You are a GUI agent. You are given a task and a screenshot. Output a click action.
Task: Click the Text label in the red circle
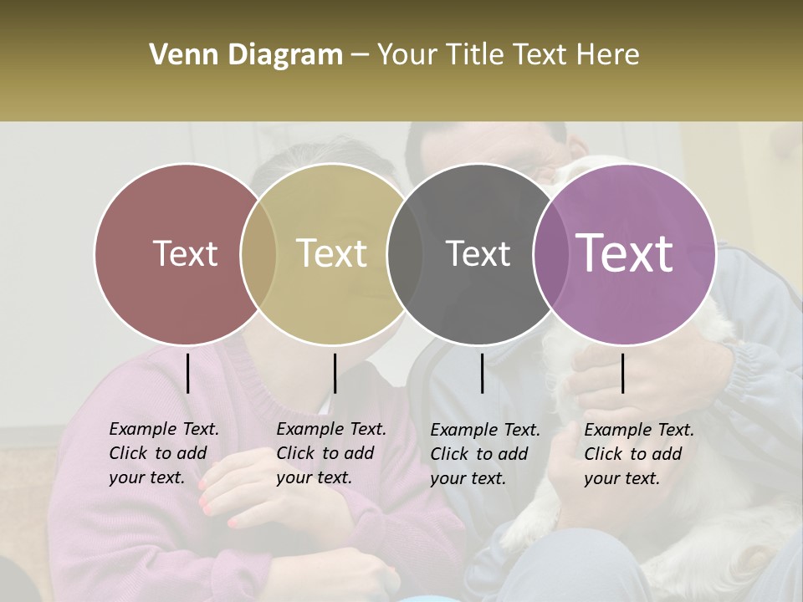pyautogui.click(x=185, y=253)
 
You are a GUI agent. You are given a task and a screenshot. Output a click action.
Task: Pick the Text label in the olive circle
pyautogui.click(x=331, y=253)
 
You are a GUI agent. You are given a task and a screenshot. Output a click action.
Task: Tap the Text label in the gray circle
pyautogui.click(x=478, y=253)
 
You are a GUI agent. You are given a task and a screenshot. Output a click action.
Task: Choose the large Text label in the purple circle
pyautogui.click(x=624, y=253)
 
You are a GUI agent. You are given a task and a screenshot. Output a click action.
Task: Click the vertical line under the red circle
pyautogui.click(x=187, y=373)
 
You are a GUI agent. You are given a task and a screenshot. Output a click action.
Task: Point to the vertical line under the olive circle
pyautogui.click(x=335, y=373)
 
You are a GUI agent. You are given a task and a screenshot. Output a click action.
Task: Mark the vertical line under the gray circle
pyautogui.click(x=482, y=373)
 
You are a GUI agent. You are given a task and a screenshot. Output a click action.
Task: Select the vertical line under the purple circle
pyautogui.click(x=622, y=373)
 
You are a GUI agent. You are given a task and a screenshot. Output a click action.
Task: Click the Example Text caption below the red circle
pyautogui.click(x=163, y=453)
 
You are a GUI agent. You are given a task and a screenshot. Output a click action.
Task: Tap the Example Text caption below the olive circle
pyautogui.click(x=330, y=453)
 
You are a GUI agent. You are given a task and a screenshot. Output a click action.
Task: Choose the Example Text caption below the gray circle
pyautogui.click(x=484, y=454)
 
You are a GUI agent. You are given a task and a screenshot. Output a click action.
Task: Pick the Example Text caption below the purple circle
pyautogui.click(x=638, y=454)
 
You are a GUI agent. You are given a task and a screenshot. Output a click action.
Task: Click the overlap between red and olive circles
pyautogui.click(x=258, y=253)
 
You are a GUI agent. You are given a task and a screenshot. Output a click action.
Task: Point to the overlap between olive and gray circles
pyautogui.click(x=405, y=253)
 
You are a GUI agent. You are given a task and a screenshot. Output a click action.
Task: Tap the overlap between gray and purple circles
pyautogui.click(x=551, y=253)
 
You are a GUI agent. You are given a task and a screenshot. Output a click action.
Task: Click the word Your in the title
pyautogui.click(x=408, y=55)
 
